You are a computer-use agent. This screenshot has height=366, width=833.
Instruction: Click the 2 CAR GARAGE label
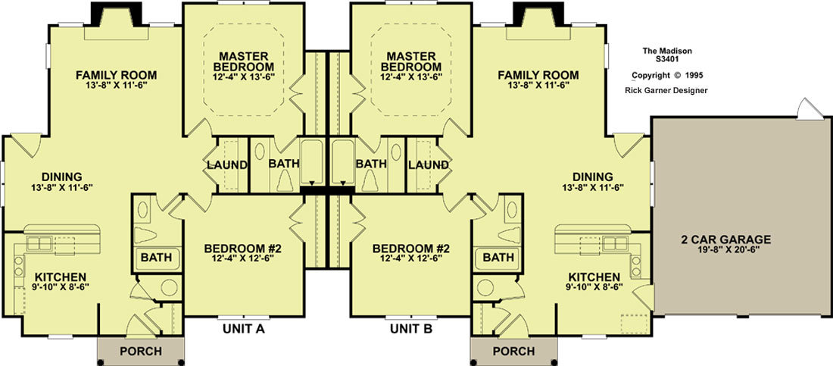click(725, 239)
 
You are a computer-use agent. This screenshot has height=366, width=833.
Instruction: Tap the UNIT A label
click(243, 329)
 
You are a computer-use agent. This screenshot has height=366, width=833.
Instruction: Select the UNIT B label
click(411, 329)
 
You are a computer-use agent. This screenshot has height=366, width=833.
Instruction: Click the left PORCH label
click(140, 352)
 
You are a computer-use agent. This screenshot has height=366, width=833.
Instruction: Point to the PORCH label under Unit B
click(513, 352)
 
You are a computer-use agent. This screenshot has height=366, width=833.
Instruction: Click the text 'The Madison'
click(667, 51)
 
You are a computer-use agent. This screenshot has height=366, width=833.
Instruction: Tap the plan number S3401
click(667, 60)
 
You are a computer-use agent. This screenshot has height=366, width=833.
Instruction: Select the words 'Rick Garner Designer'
click(666, 90)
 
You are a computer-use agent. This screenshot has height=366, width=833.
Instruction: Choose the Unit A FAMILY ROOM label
click(116, 75)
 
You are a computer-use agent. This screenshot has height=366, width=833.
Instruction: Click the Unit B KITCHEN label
click(594, 277)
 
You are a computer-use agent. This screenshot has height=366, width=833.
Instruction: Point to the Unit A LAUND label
click(227, 165)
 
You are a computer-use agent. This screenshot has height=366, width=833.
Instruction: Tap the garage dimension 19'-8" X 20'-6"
click(726, 249)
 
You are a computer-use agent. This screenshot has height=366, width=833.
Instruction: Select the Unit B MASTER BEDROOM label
click(410, 61)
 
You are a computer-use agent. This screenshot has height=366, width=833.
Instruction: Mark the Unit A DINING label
click(61, 177)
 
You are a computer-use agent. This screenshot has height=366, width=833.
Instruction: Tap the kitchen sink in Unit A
click(39, 244)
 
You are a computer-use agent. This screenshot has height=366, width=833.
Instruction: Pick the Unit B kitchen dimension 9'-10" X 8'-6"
click(594, 286)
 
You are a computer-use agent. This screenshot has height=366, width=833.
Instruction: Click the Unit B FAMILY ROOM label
click(538, 75)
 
